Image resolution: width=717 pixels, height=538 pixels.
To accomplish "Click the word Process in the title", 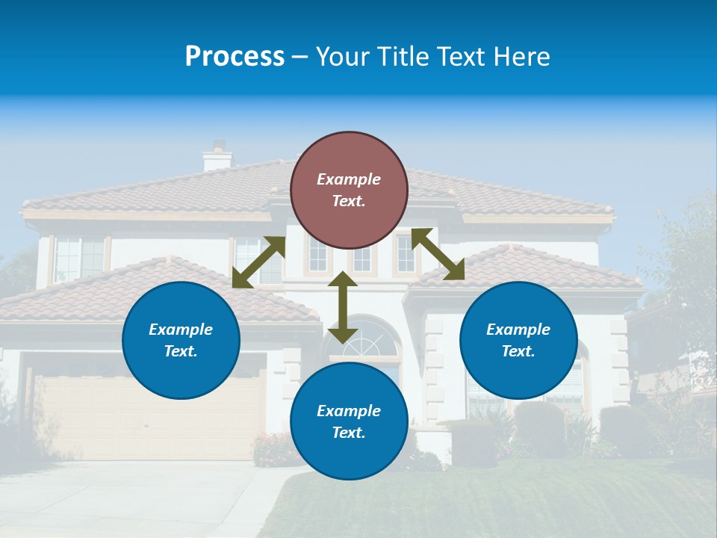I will coord(235,57).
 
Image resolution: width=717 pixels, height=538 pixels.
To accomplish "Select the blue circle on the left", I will coord(181,340).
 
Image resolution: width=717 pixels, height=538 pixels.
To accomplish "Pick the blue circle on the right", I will coord(518,340).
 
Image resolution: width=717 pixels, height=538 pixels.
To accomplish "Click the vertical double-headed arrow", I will coord(343,307).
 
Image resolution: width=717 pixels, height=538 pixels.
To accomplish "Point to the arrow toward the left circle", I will coord(258,262).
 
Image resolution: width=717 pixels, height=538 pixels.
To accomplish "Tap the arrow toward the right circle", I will coord(438,254).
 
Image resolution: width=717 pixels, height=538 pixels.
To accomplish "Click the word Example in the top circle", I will coord(349,179).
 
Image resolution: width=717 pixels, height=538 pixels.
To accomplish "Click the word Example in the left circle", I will coord(181,330).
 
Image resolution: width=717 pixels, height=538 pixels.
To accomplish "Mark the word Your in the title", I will coord(340,57).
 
